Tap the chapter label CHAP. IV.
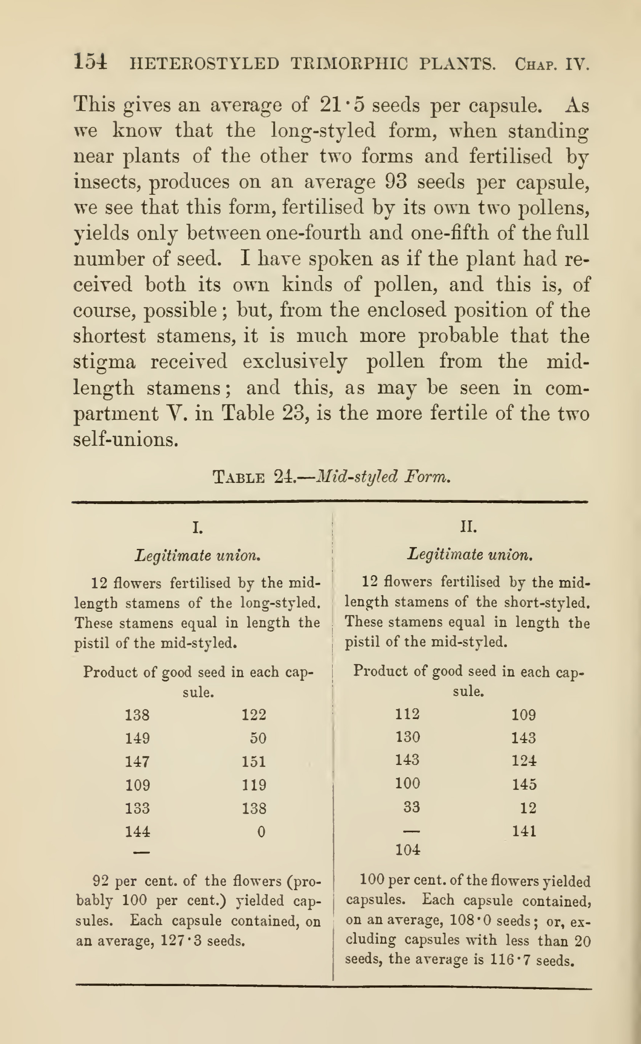tap(551, 64)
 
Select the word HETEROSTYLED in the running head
tap(204, 64)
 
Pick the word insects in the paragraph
tap(109, 182)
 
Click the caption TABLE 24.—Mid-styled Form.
tap(331, 476)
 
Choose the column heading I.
tap(197, 528)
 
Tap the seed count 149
tap(137, 738)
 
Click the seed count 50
tap(258, 738)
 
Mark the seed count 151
tap(254, 762)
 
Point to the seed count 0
tap(261, 832)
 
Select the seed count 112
tap(407, 714)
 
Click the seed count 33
tap(411, 807)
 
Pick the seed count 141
tap(524, 831)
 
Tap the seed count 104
tap(407, 849)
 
